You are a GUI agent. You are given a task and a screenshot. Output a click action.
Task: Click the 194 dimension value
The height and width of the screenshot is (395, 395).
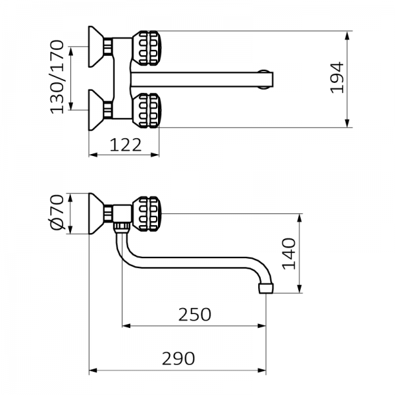click(337, 77)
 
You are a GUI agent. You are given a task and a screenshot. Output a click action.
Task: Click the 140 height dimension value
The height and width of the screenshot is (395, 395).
click(290, 253)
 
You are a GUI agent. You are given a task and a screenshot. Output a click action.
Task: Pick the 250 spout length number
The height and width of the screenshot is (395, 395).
click(194, 314)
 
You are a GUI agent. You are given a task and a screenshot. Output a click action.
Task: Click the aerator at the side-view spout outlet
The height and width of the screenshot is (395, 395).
click(266, 288)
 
